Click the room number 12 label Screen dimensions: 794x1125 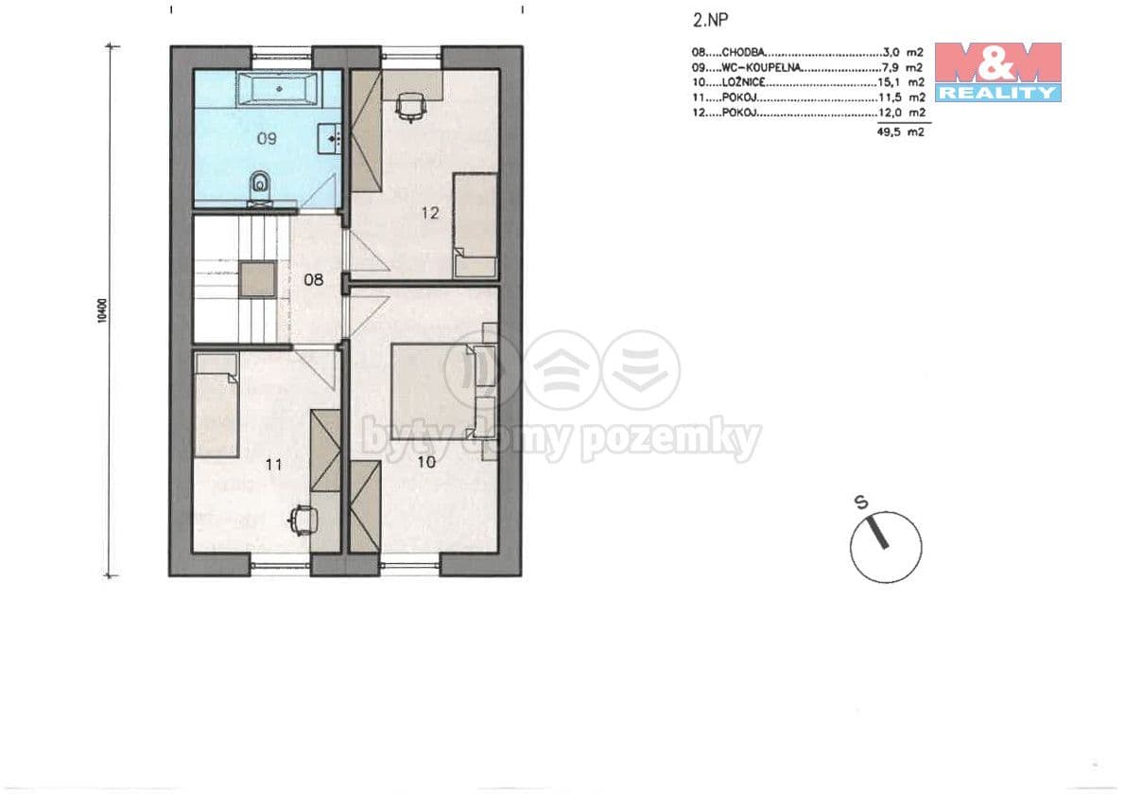point(429,213)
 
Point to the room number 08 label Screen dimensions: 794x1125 point(313,280)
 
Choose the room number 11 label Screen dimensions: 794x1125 point(274,464)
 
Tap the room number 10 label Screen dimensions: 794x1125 point(425,462)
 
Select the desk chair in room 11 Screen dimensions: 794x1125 point(302,519)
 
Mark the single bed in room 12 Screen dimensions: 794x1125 point(476,225)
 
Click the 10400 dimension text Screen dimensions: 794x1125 point(101,310)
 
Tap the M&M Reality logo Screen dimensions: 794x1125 point(997,71)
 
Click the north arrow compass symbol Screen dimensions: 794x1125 point(885,546)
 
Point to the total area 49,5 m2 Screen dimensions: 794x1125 point(901,133)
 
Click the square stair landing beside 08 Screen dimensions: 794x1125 point(257,280)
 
